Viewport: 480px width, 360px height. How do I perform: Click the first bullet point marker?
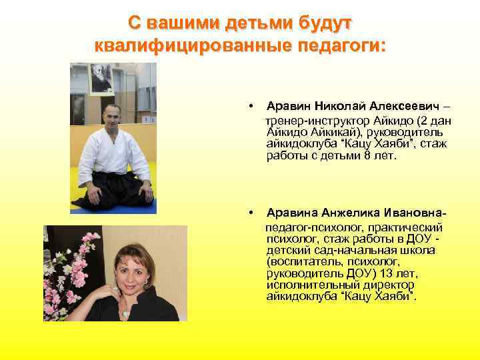pyautogui.click(x=249, y=106)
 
